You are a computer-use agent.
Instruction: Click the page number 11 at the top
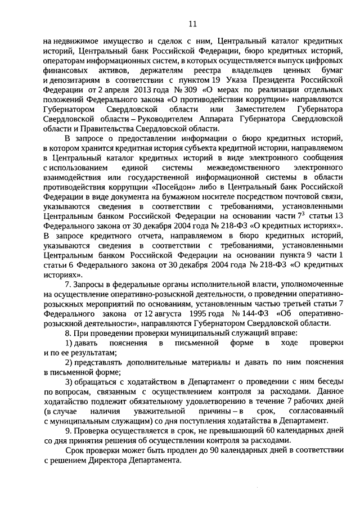192,23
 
